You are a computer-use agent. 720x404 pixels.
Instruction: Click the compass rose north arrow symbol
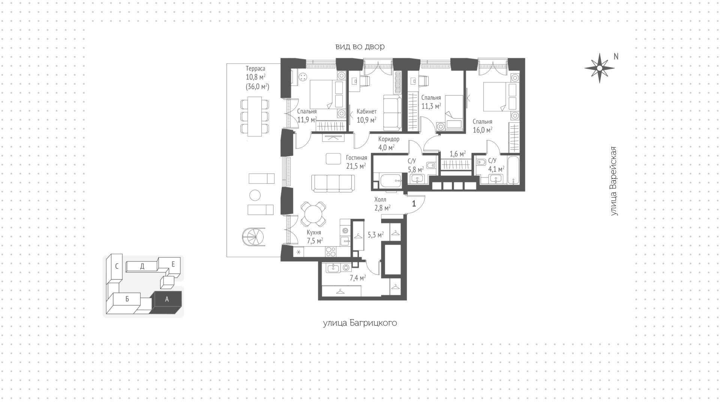coord(599,68)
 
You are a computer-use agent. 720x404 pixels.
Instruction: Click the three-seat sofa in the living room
coord(333,184)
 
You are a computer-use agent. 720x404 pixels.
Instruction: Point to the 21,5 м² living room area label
coord(356,166)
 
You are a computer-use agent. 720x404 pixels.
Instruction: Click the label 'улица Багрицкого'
coord(360,323)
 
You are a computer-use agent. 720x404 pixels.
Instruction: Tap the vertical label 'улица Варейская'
coord(613,181)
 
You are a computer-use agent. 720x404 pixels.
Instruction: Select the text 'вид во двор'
coord(360,47)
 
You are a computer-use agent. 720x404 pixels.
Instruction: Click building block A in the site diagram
coord(166,299)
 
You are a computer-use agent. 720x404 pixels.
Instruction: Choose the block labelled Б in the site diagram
coord(127,299)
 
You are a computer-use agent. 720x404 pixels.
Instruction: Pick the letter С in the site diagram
coord(117,266)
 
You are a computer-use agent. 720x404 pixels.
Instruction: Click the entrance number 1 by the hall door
coord(414,204)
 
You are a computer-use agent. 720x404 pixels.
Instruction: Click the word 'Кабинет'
coord(367,112)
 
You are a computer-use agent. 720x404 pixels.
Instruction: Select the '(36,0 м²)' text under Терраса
coord(257,87)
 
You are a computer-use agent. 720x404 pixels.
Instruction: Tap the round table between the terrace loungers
coord(255,195)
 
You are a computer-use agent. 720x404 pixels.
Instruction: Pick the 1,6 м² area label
coord(457,154)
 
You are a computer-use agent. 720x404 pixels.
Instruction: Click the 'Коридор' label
coord(389,139)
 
